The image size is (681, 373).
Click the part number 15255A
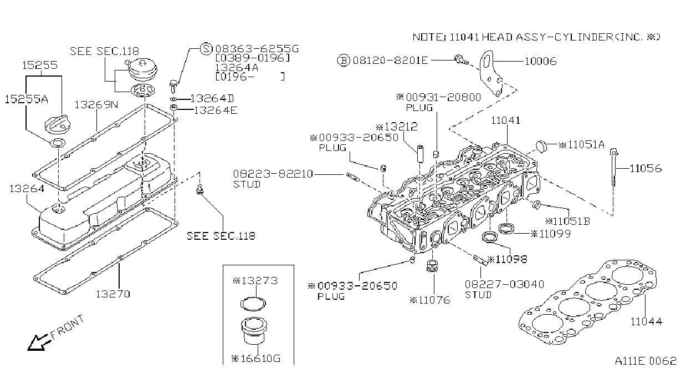point(27,99)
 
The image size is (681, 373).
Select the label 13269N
point(96,105)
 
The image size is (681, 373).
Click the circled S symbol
point(206,49)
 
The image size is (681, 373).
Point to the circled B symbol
point(344,61)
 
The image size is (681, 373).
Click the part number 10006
point(541,61)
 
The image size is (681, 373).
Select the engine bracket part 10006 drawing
point(491,73)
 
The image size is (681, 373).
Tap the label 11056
point(646,168)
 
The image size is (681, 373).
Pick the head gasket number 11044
point(646,321)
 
